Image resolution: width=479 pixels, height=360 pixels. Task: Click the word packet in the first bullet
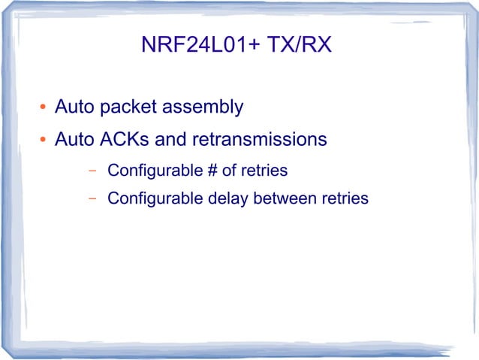click(x=127, y=107)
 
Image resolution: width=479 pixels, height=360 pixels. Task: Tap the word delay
click(x=228, y=199)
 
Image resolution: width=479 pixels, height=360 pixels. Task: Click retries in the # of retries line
click(x=264, y=171)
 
